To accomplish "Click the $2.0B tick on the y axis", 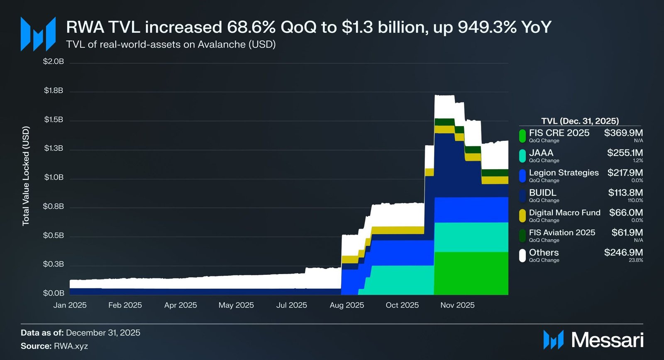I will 54,61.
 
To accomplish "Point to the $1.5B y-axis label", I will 54,120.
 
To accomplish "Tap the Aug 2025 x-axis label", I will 347,305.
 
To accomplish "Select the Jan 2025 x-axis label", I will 70,305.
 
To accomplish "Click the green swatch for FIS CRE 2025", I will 522,136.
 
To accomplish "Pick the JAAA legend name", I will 541,153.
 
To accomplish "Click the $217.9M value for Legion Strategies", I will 625,173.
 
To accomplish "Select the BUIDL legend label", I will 542,193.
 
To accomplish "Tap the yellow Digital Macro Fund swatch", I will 522,216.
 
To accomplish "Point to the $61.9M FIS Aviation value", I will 627,233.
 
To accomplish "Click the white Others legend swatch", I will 522,255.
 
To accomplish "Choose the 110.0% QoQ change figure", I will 635,201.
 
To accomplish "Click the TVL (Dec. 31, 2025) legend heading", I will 580,121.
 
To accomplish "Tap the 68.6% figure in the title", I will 251,27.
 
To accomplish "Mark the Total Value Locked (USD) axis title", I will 26,176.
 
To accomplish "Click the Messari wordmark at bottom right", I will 607,340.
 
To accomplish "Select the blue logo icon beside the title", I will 38,34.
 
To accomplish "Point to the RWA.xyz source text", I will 71,346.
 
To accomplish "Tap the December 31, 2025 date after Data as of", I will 103,333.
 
